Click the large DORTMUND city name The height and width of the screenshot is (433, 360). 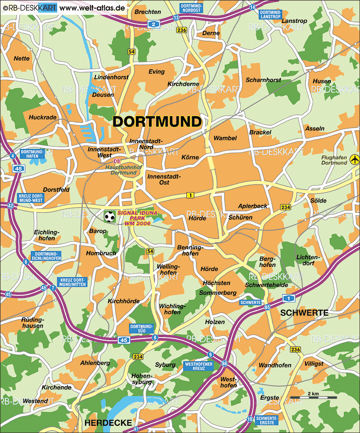coord(157,122)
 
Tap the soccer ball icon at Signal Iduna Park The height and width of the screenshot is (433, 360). coord(109,217)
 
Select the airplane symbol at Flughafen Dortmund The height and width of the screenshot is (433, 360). coord(355,159)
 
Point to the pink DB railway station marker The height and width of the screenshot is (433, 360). coord(117,161)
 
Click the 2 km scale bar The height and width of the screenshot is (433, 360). coord(313,398)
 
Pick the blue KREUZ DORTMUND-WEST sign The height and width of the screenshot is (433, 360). coord(31,198)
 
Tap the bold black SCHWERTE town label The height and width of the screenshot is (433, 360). coord(304,312)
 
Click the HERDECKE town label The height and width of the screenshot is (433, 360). coord(108,423)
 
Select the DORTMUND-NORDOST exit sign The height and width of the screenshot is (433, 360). coord(191,7)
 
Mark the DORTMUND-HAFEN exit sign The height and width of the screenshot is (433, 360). coord(32,154)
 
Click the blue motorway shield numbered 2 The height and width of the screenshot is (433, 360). coord(153,24)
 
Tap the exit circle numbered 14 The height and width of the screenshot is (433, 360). coord(252,7)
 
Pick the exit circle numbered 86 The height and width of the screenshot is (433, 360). coord(224,363)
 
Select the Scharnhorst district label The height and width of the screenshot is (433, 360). coord(263,80)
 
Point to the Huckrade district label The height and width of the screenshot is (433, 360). coord(43,117)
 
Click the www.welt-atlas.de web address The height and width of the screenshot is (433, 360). coord(92,8)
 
